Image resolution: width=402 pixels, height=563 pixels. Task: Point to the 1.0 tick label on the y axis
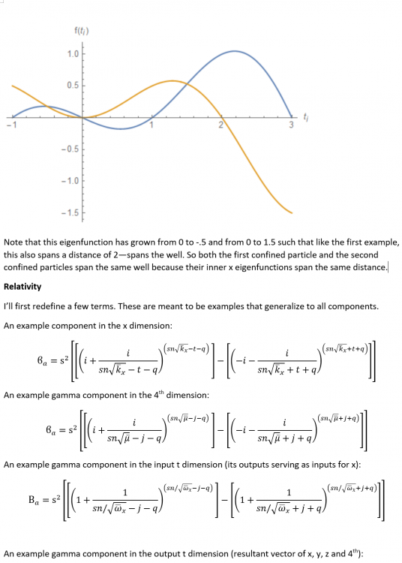(71, 54)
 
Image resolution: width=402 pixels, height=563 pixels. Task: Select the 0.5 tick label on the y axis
(71, 86)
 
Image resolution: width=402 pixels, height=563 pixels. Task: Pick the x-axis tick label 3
(292, 125)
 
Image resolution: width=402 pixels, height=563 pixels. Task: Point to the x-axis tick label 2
(221, 125)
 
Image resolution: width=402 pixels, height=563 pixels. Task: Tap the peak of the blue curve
(235, 51)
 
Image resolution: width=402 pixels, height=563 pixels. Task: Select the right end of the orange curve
(292, 212)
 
